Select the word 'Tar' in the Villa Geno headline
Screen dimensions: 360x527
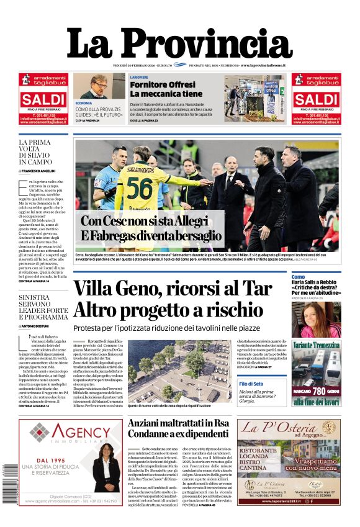tap(257, 289)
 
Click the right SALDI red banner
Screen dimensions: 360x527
tap(316, 99)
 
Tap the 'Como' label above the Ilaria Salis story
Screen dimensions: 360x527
tap(299, 277)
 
